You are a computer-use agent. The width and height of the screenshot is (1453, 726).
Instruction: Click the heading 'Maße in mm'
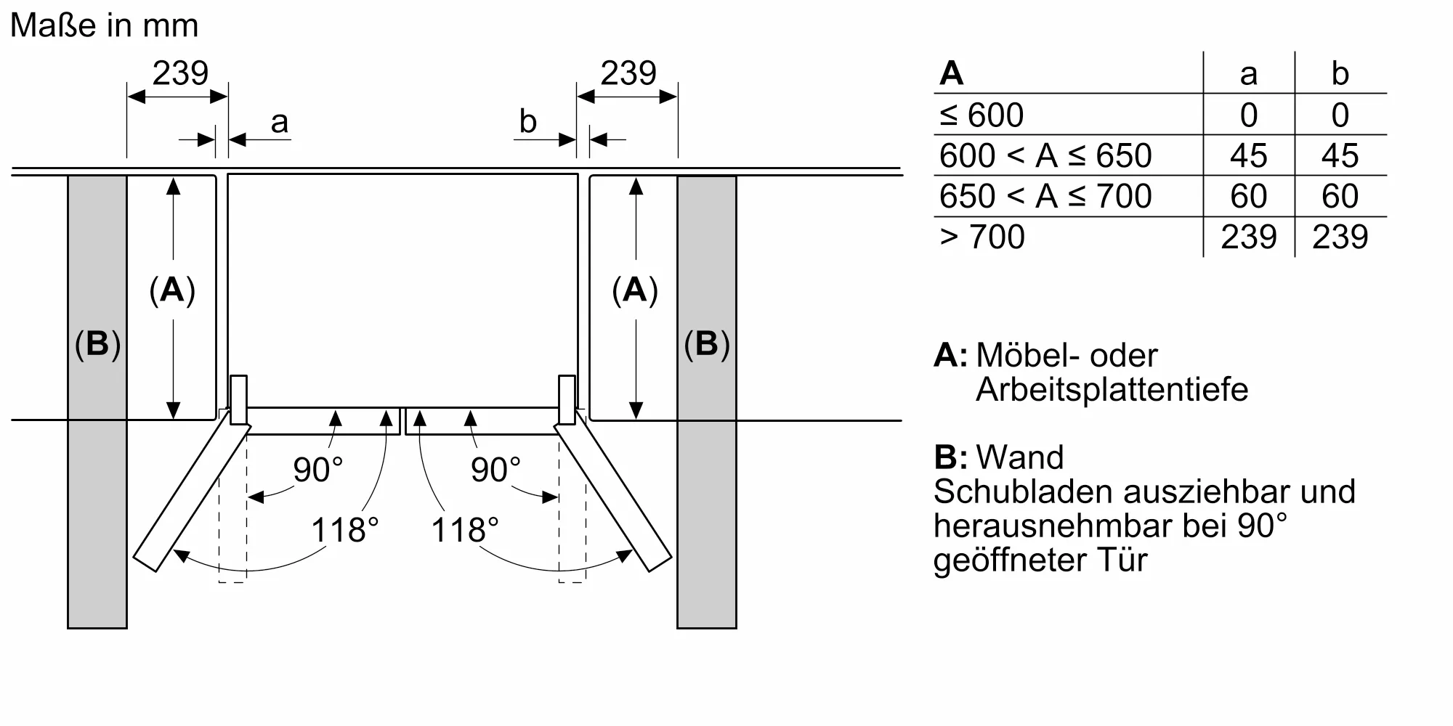pyautogui.click(x=104, y=26)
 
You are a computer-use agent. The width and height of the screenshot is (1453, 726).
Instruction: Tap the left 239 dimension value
pyautogui.click(x=179, y=73)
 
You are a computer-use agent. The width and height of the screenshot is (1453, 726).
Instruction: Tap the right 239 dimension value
pyautogui.click(x=628, y=73)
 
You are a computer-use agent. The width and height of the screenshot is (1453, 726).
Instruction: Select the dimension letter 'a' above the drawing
pyautogui.click(x=279, y=123)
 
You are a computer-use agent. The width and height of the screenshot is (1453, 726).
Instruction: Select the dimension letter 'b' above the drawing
pyautogui.click(x=527, y=122)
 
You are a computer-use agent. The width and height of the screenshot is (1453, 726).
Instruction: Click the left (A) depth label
pyautogui.click(x=172, y=290)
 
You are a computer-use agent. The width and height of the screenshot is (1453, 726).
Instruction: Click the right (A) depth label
pyautogui.click(x=635, y=290)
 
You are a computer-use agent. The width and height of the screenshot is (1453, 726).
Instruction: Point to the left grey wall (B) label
pyautogui.click(x=97, y=343)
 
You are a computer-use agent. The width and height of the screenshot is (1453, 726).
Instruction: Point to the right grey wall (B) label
pyautogui.click(x=706, y=343)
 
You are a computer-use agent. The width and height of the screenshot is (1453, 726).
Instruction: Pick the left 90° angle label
pyautogui.click(x=317, y=470)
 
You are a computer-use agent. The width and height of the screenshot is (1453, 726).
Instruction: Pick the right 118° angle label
pyautogui.click(x=465, y=530)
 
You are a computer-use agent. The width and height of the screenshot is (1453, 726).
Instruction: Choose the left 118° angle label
pyautogui.click(x=345, y=530)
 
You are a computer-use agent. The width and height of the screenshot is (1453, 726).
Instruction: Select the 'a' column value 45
pyautogui.click(x=1248, y=156)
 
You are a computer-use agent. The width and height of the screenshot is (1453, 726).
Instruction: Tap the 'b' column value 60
pyautogui.click(x=1340, y=197)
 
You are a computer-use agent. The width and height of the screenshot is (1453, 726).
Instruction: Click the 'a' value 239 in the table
pyautogui.click(x=1248, y=237)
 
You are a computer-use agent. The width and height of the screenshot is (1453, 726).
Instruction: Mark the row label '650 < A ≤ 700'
pyautogui.click(x=1045, y=197)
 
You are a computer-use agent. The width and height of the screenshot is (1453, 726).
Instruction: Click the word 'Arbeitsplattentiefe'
pyautogui.click(x=1112, y=390)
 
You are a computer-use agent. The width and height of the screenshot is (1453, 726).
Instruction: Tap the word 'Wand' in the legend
pyautogui.click(x=1020, y=457)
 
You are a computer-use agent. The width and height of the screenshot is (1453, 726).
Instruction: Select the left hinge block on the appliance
pyautogui.click(x=238, y=399)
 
